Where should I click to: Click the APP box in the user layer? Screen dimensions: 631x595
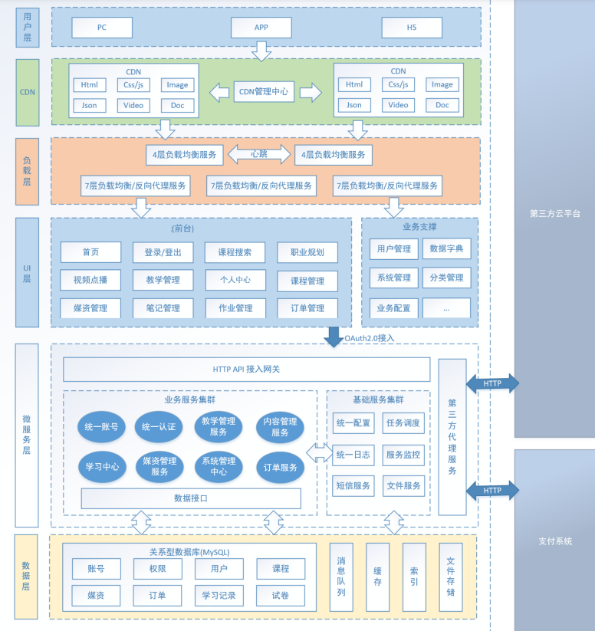point(261,28)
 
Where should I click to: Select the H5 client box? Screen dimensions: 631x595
point(413,28)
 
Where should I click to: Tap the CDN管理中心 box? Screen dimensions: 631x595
point(264,92)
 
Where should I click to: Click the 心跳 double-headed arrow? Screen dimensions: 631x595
point(258,154)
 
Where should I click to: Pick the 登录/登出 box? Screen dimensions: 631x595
point(163,252)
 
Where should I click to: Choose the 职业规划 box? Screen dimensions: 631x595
point(307,252)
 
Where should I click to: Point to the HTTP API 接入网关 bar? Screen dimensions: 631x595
point(246,370)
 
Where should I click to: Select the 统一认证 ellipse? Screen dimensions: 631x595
point(159,427)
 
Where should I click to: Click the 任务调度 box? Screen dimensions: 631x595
point(403,423)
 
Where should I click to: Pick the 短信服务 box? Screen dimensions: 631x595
point(353,485)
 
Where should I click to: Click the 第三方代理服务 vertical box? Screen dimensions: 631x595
point(452,437)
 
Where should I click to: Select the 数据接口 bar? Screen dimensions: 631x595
point(191,498)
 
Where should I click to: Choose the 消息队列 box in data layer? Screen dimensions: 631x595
point(341,577)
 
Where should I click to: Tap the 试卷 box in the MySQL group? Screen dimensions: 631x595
point(281,596)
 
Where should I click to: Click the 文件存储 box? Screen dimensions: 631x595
point(450,577)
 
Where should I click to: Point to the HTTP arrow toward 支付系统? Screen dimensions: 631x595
point(492,491)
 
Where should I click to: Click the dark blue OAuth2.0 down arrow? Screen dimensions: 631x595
point(334,336)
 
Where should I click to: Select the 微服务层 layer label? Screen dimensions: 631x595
point(26,435)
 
